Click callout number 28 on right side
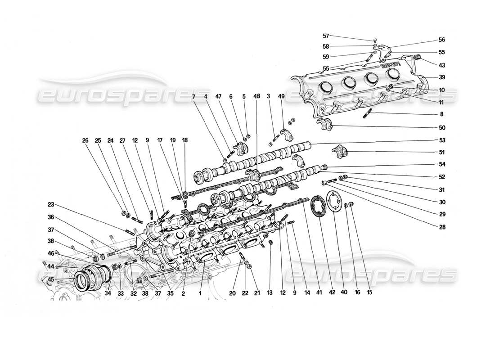441,227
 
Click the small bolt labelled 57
375,40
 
